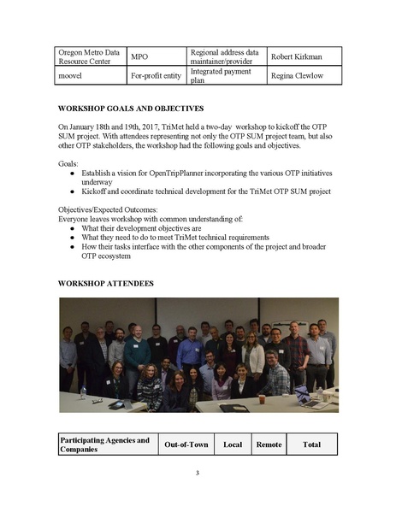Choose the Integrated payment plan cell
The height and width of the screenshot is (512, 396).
point(222,75)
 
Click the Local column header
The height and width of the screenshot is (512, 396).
point(232,444)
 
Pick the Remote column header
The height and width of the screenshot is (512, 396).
point(268,444)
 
